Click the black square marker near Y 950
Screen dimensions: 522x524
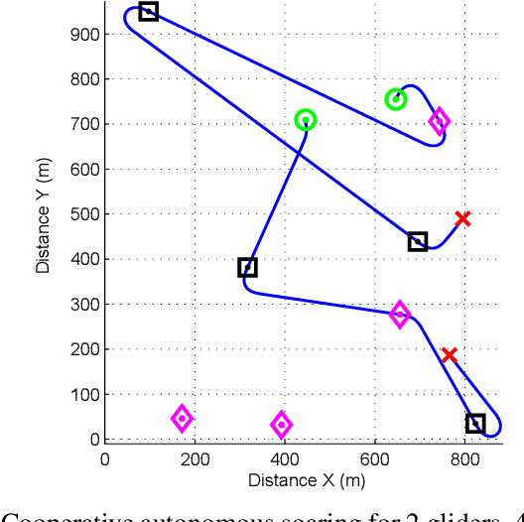148,12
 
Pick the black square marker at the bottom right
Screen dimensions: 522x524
475,424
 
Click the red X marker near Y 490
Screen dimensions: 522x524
462,218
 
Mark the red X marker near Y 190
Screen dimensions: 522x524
450,355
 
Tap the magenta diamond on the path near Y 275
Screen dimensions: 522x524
400,315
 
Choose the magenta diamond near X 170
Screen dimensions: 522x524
182,418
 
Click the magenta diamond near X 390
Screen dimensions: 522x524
282,425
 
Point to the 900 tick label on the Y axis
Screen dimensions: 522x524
85,34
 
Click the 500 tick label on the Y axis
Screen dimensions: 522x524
85,214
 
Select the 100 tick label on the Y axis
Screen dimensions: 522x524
85,395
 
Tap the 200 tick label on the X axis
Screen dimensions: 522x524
196,457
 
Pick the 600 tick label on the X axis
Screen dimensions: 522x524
376,457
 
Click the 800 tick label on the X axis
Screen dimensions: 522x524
466,457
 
